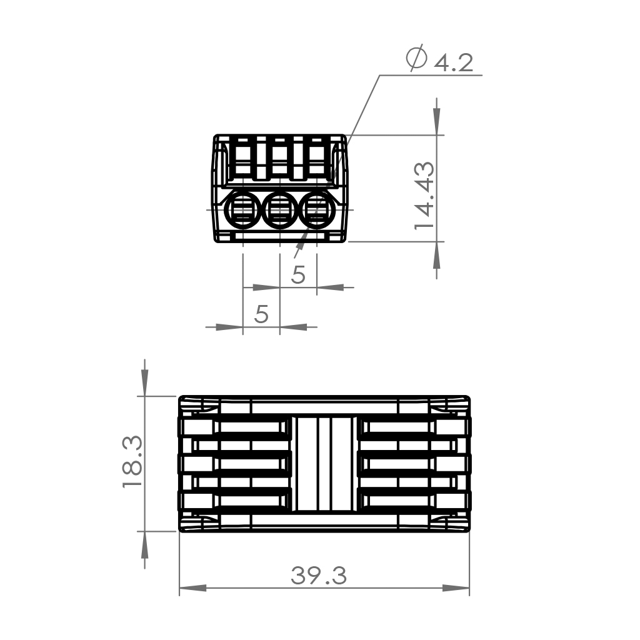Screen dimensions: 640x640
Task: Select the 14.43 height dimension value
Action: (424, 196)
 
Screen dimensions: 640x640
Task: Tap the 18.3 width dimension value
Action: (132, 462)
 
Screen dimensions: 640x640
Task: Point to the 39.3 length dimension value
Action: (319, 576)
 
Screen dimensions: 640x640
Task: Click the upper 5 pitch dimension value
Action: (298, 275)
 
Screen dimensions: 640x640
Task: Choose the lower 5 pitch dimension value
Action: (261, 314)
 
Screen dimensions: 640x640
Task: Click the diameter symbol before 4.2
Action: (416, 57)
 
